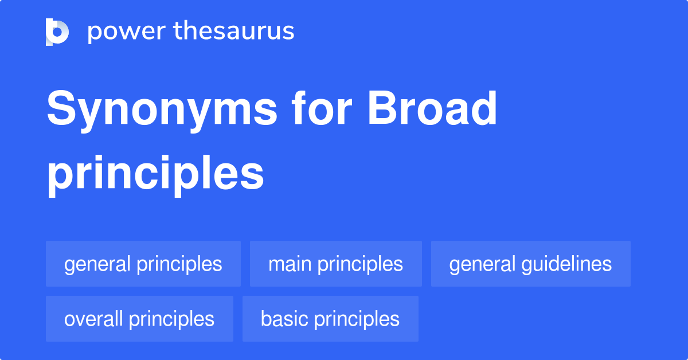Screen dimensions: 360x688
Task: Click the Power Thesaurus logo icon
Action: [x=57, y=32]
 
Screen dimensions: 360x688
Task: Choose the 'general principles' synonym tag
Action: [x=143, y=264]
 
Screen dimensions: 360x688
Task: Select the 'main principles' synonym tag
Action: [x=336, y=264]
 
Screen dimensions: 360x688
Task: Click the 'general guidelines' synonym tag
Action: [x=530, y=264]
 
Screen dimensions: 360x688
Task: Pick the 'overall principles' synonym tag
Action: [x=139, y=319]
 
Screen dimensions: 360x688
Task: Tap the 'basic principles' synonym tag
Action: [x=330, y=319]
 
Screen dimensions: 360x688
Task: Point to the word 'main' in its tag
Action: [x=290, y=264]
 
